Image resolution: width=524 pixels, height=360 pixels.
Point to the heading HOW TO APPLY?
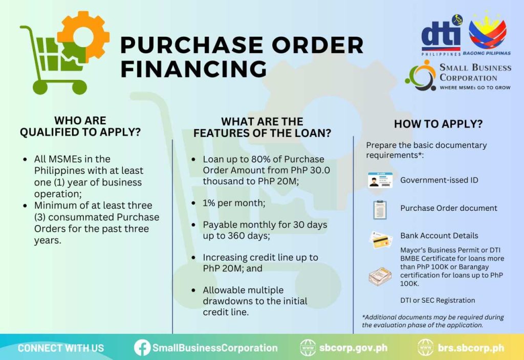pos(438,124)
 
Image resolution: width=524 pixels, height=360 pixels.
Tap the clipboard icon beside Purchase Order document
pos(380,209)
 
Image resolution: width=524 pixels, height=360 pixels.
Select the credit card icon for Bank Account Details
pos(380,240)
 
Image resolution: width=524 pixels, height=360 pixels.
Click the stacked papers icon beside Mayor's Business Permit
pos(380,276)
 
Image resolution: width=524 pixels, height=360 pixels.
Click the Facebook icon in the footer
pos(142,348)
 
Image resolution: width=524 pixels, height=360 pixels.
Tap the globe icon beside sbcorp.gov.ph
pos(308,348)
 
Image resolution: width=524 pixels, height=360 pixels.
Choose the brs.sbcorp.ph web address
pos(471,348)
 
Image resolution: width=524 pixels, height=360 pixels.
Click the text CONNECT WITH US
pos(61,348)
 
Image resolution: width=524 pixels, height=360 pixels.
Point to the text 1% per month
pos(234,203)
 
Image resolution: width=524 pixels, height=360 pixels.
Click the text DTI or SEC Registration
pos(438,300)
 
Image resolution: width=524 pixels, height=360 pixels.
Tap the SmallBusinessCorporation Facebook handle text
pos(215,348)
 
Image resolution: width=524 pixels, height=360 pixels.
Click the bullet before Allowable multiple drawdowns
pos(193,290)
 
